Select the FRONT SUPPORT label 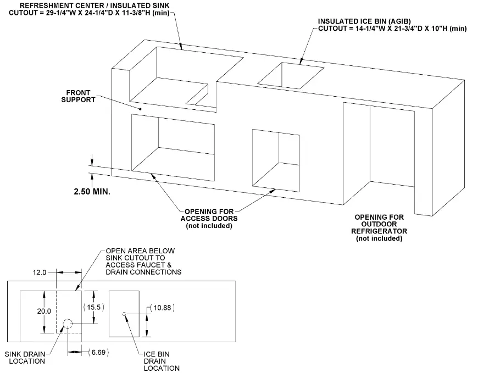pyautogui.click(x=81, y=96)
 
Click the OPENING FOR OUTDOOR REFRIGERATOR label pyautogui.click(x=379, y=227)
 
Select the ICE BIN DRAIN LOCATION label pyautogui.click(x=159, y=361)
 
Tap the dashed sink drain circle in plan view pyautogui.click(x=67, y=325)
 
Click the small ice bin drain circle pyautogui.click(x=125, y=314)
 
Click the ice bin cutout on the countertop pyautogui.click(x=290, y=75)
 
